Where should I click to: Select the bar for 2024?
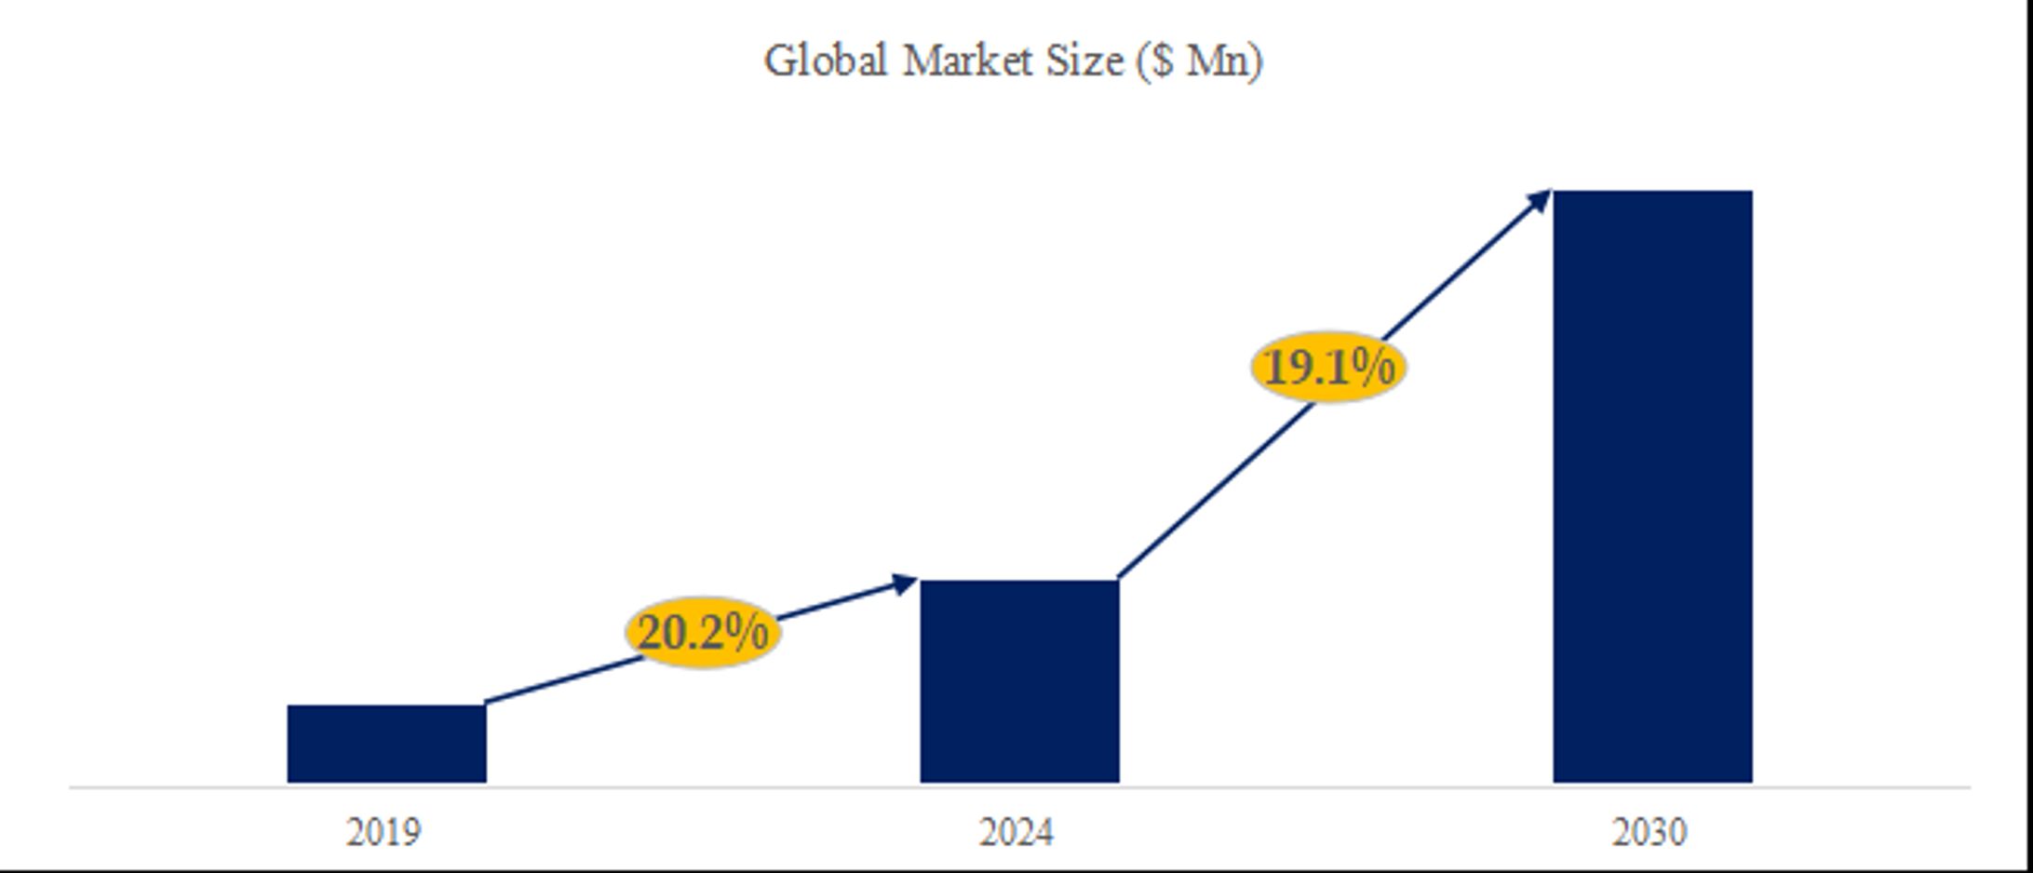pos(1019,680)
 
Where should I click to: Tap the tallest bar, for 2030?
pos(1652,486)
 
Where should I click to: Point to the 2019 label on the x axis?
pos(384,832)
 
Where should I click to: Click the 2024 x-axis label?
pos(1016,832)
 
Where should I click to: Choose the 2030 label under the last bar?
pos(1649,832)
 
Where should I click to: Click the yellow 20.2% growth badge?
pos(703,633)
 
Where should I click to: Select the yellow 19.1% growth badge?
pos(1328,367)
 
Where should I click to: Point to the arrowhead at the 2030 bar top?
pos(1540,199)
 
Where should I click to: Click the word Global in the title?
pos(825,61)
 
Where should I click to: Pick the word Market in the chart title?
pos(967,61)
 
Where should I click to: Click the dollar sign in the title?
pos(1163,61)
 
